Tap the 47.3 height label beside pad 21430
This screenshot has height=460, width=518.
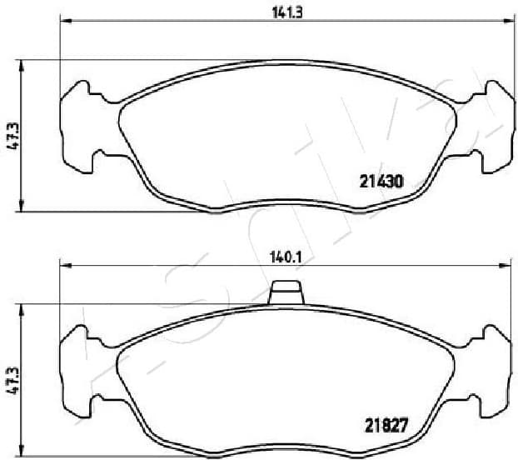pos(12,135)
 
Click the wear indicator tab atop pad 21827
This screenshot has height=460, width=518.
pos(286,294)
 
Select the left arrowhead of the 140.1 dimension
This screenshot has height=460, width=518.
pos(65,266)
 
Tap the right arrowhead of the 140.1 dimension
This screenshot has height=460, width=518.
pos(506,266)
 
